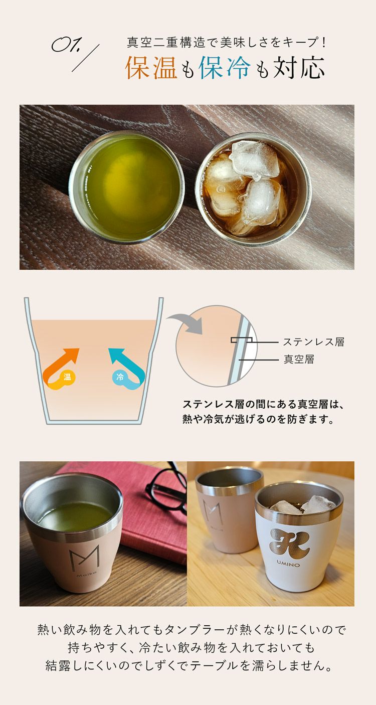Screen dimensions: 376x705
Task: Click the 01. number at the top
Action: tap(67, 45)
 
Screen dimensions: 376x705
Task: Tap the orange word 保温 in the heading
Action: tap(151, 67)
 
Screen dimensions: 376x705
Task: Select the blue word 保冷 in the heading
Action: tap(225, 67)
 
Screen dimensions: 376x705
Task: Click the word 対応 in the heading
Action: tap(299, 67)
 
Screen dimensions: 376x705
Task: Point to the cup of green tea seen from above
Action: tap(126, 188)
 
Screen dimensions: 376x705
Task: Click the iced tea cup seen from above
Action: tap(253, 190)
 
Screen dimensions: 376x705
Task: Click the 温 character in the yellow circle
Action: tap(67, 377)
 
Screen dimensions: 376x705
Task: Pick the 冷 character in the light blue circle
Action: tap(120, 377)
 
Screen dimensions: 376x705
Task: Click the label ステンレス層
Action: tap(314, 342)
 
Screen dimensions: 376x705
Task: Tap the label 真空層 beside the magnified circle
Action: tap(299, 359)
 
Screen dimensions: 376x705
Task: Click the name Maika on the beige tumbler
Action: tap(86, 575)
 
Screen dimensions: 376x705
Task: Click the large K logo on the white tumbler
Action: tap(289, 543)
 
